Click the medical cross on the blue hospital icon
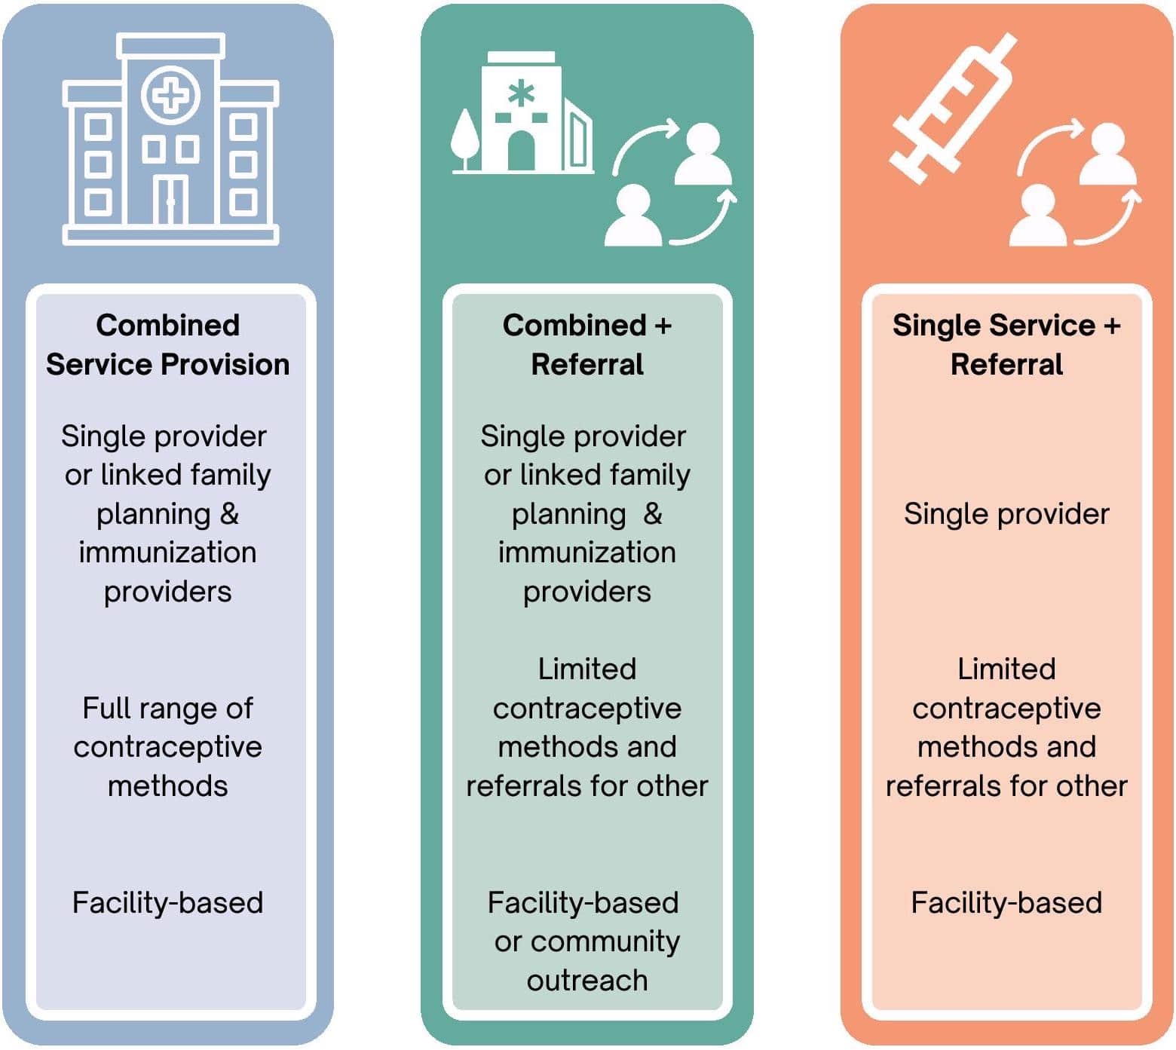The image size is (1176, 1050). coord(170,96)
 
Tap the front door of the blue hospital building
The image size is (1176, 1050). coord(170,201)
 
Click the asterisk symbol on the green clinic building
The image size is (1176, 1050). coord(521,94)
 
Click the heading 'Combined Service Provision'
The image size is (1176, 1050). coord(167,345)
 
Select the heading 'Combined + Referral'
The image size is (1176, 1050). coord(586,345)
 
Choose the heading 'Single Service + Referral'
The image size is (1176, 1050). coord(1006,345)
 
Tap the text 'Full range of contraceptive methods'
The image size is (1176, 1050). coord(167,747)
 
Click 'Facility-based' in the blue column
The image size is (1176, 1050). coord(167,902)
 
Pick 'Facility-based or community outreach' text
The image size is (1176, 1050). coord(586,941)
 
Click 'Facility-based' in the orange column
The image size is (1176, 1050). coord(1006,902)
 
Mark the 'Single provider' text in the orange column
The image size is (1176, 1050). coord(1006,514)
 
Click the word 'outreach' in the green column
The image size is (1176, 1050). coord(586,980)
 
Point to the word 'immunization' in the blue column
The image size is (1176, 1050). coord(167,553)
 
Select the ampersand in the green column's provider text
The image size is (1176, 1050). coord(653,514)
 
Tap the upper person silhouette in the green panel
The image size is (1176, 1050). coord(702,155)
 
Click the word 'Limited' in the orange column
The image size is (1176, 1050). coord(1006,669)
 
